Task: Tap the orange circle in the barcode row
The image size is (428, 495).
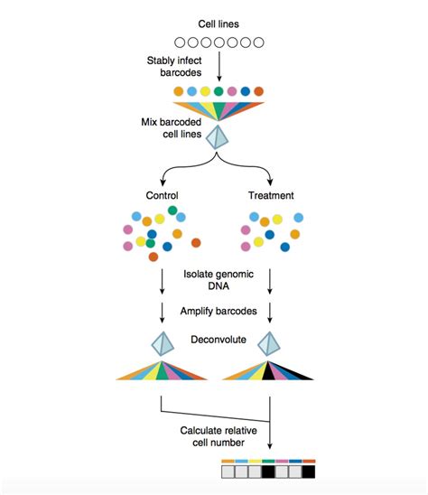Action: coord(178,91)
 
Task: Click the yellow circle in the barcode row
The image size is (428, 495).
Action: coord(205,91)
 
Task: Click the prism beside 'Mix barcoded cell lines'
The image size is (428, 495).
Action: coord(218,137)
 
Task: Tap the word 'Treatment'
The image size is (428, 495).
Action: coord(271,194)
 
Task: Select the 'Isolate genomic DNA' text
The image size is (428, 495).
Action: coord(218,280)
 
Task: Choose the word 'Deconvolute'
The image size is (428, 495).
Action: coord(218,341)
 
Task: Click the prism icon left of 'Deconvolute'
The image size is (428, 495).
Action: coord(163,344)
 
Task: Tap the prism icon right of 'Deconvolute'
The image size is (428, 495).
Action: coord(271,344)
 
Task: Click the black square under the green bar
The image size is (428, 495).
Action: coord(269,472)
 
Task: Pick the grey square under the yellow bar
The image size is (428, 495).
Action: coord(256,472)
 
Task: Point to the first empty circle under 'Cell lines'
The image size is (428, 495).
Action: coord(178,42)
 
